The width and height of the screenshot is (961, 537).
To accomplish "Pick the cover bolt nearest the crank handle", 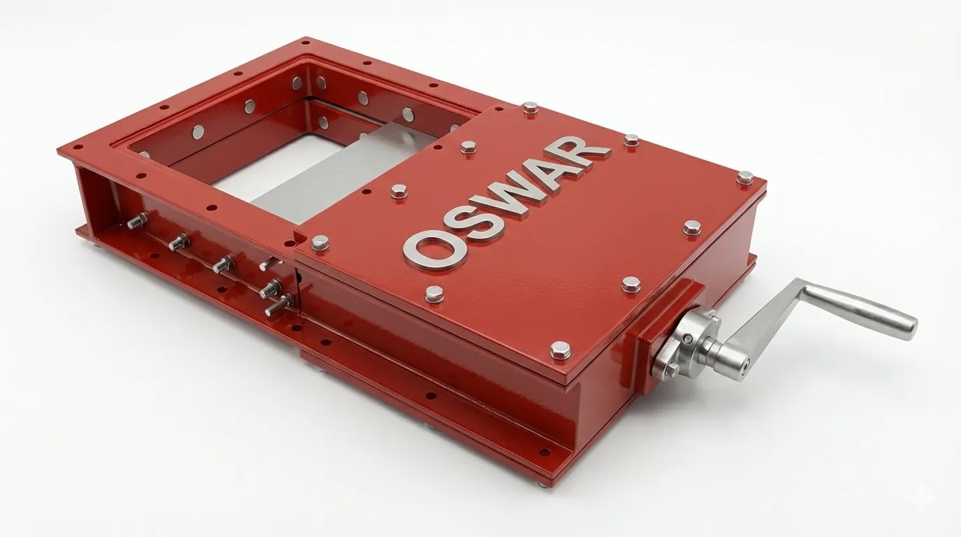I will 631,283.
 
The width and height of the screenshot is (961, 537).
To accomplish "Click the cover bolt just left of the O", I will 320,243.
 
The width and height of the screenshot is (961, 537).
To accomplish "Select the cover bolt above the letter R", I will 631,140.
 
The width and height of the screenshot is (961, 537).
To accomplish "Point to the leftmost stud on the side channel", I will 135,221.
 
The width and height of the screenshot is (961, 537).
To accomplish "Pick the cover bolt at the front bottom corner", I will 560,349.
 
